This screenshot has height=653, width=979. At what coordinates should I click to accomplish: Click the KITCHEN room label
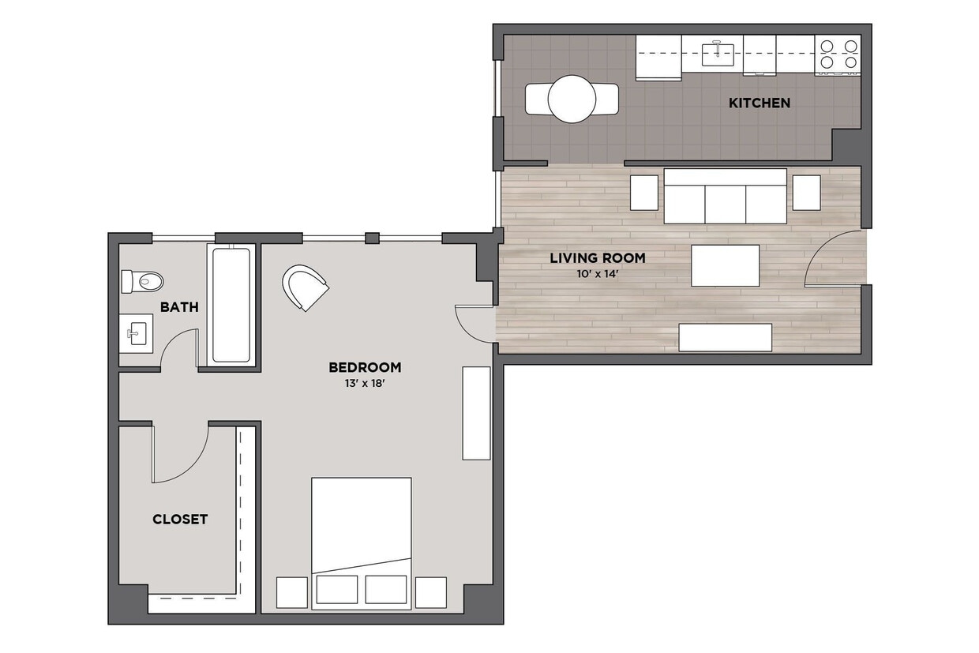tap(759, 103)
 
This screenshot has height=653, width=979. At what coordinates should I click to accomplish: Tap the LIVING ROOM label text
tap(597, 257)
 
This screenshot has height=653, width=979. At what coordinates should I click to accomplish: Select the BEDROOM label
tap(364, 367)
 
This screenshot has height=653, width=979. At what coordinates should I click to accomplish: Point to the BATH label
tap(179, 307)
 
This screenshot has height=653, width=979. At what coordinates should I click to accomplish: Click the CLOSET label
tap(180, 519)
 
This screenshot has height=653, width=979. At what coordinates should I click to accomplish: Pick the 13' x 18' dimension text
tap(364, 385)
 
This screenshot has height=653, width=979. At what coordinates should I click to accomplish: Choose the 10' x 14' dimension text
tap(597, 275)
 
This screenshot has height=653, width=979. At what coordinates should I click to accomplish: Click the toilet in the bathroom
tap(142, 281)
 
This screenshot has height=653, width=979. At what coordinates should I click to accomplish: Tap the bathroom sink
tap(137, 333)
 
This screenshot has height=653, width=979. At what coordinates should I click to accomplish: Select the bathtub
tap(231, 305)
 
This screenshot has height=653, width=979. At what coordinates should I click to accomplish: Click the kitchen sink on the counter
tap(718, 54)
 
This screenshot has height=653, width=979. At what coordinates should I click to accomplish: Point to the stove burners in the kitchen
tap(838, 54)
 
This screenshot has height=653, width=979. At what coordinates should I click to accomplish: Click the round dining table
tap(572, 99)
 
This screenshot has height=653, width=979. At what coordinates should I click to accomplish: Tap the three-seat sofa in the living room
tap(725, 196)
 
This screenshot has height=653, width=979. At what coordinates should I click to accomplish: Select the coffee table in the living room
tap(725, 265)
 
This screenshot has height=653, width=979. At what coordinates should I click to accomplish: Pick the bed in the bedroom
tap(362, 537)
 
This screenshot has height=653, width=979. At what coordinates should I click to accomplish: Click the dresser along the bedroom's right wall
tap(476, 412)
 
